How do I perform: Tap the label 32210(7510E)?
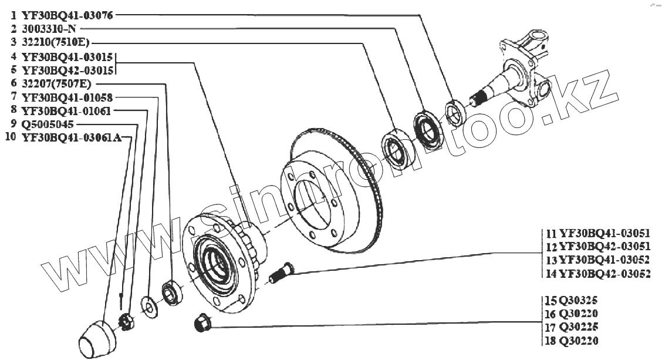[x=56, y=42]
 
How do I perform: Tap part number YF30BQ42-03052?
[x=604, y=273]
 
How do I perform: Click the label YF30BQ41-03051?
[x=604, y=233]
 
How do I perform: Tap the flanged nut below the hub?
[x=201, y=322]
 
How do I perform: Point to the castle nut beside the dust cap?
[x=126, y=321]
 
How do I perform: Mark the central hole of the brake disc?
[x=315, y=200]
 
